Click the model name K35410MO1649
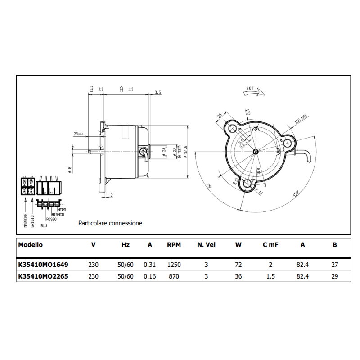(43, 265)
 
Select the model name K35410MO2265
(43, 276)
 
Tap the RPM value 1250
(174, 265)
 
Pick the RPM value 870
(174, 276)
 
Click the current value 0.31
(149, 265)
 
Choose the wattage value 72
(238, 265)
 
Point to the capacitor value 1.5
(270, 276)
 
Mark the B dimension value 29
(334, 276)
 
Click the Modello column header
(31, 245)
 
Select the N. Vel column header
(207, 245)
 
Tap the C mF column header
(270, 245)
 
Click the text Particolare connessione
(110, 223)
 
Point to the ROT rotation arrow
(252, 91)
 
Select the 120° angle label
(296, 194)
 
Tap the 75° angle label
(210, 186)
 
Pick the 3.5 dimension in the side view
(157, 92)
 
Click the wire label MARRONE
(26, 220)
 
